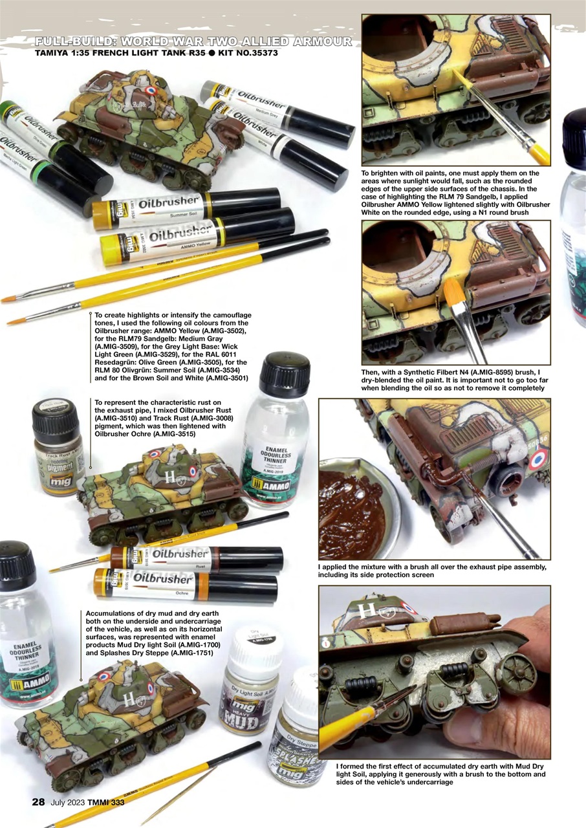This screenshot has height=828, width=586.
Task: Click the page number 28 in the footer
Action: pos(39,802)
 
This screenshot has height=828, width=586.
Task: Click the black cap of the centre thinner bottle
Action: pos(285,373)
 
